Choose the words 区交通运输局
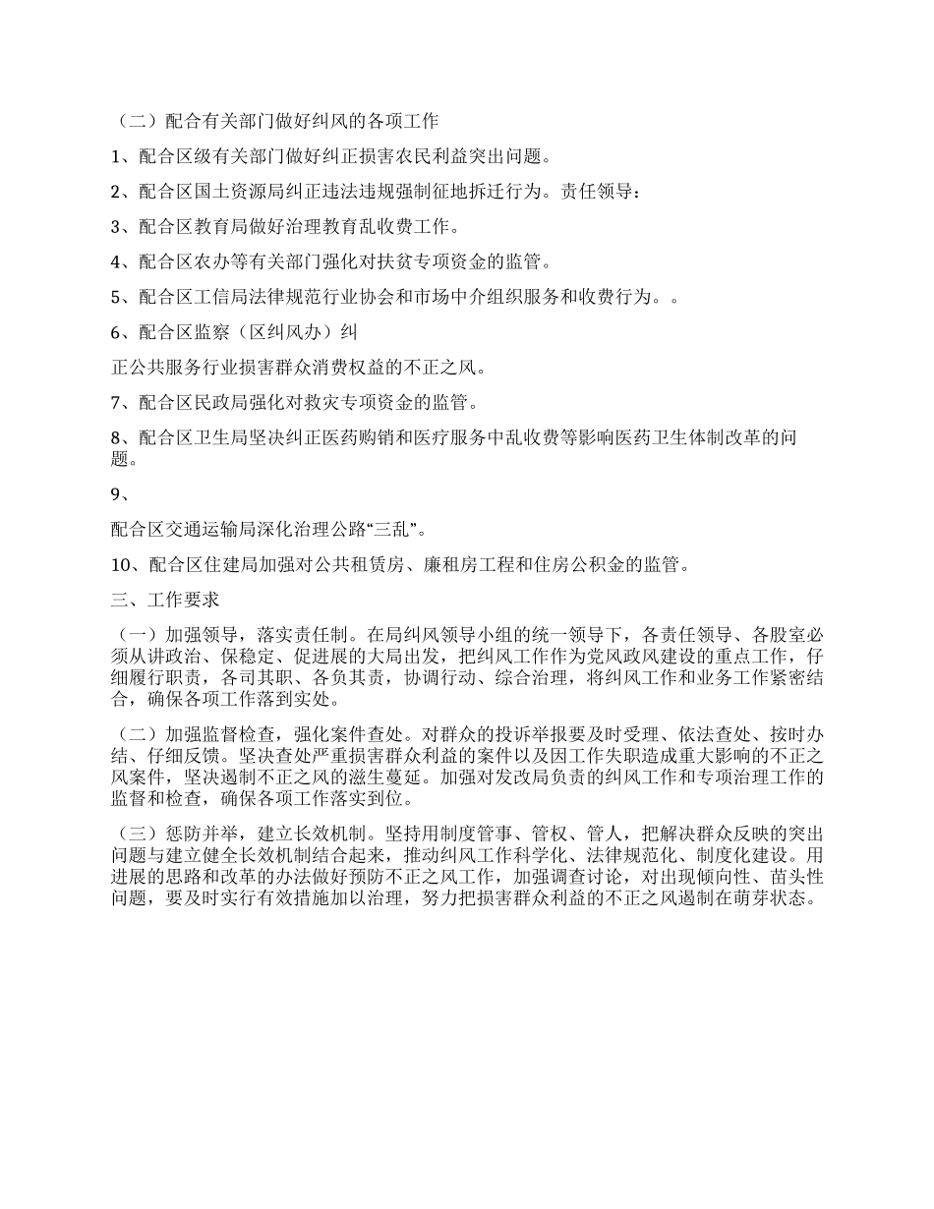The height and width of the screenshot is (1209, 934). click(x=201, y=531)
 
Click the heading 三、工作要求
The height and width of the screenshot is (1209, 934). click(x=164, y=601)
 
